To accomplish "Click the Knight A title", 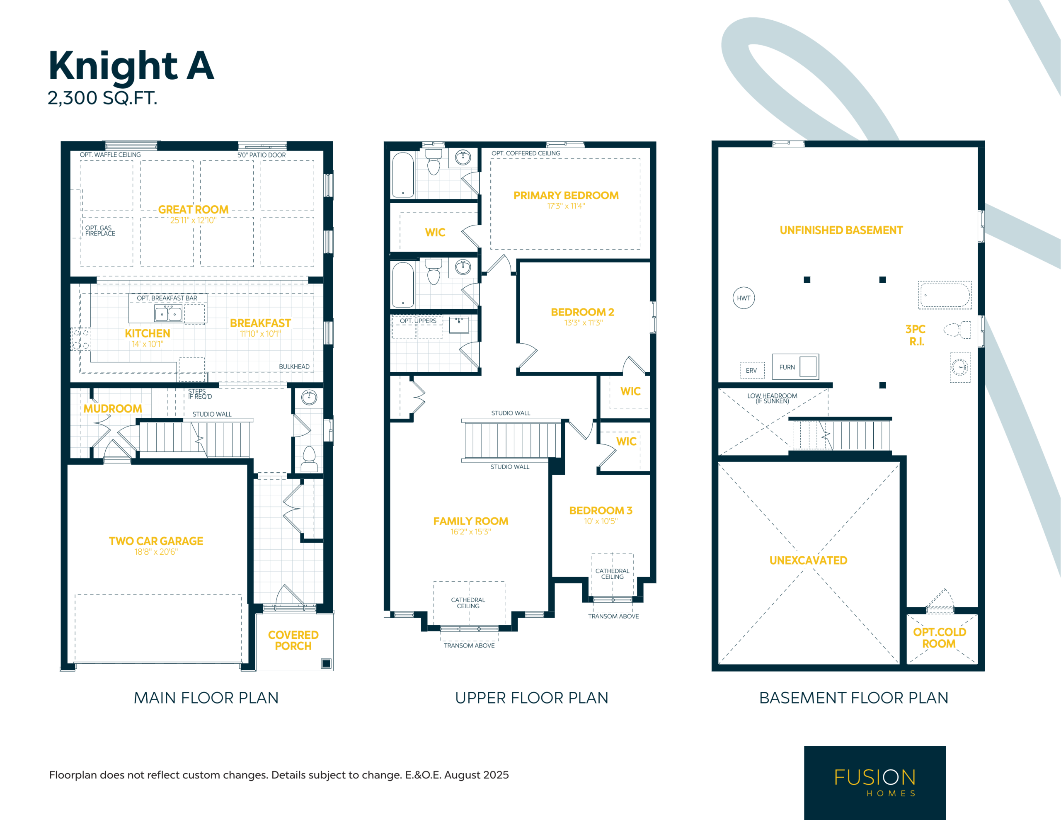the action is (131, 66).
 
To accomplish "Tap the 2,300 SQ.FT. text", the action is (102, 98).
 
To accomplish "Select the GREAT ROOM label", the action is (194, 209).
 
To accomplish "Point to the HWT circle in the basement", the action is (743, 298).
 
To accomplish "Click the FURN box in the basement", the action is (795, 366).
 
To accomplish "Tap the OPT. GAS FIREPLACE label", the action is (100, 230).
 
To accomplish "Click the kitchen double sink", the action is (168, 313).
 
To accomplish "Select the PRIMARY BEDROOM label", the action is (566, 195).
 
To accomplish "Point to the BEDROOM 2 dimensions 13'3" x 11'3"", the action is (583, 323).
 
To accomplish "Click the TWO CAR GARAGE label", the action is (156, 541).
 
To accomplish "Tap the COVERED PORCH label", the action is (293, 640).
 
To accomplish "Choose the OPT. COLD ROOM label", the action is (939, 638).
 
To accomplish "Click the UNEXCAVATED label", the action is (808, 560).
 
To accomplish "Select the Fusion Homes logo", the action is (875, 783).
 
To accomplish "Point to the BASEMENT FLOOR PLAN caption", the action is (853, 698).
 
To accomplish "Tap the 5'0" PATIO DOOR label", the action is (262, 155).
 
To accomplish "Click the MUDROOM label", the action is (113, 409).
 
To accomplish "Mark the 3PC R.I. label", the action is (916, 335).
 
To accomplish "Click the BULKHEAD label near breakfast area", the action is (294, 366).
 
